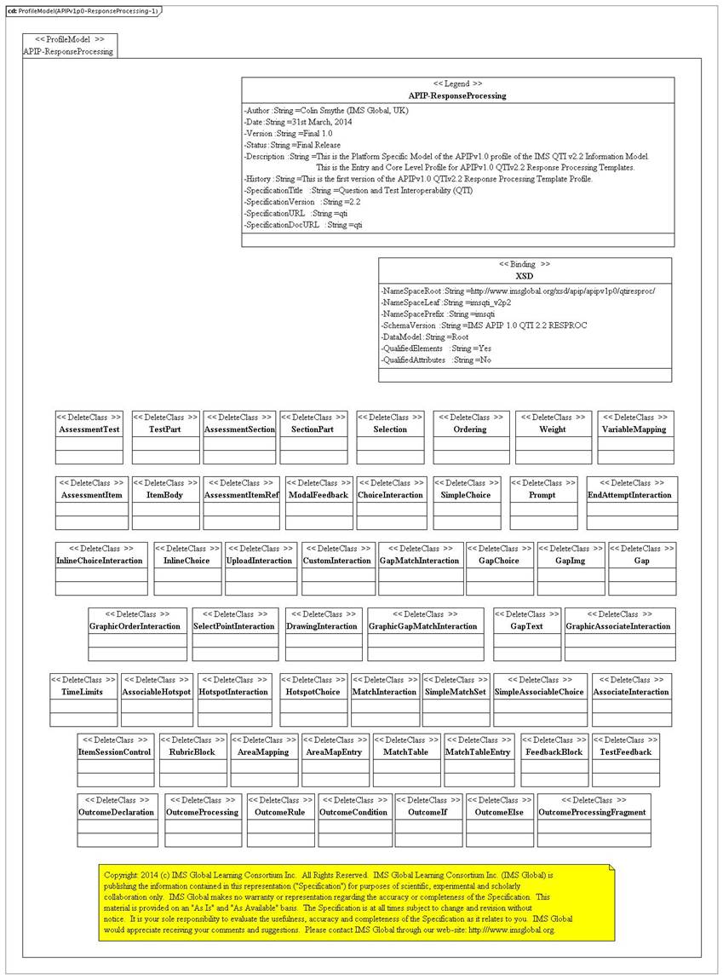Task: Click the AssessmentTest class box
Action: [89, 437]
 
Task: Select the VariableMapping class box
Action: [634, 437]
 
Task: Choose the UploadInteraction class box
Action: [261, 568]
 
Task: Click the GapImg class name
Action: [570, 561]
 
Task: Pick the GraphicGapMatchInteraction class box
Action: [425, 634]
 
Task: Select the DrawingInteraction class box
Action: [323, 634]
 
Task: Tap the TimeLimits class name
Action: [83, 692]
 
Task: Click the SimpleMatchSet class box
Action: [456, 700]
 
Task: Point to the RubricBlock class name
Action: [192, 752]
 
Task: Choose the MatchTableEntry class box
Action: [479, 760]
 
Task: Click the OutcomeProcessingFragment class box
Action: [594, 821]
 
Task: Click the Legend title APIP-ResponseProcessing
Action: [457, 95]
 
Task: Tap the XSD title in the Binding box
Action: [525, 276]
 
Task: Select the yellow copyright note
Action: [356, 902]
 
